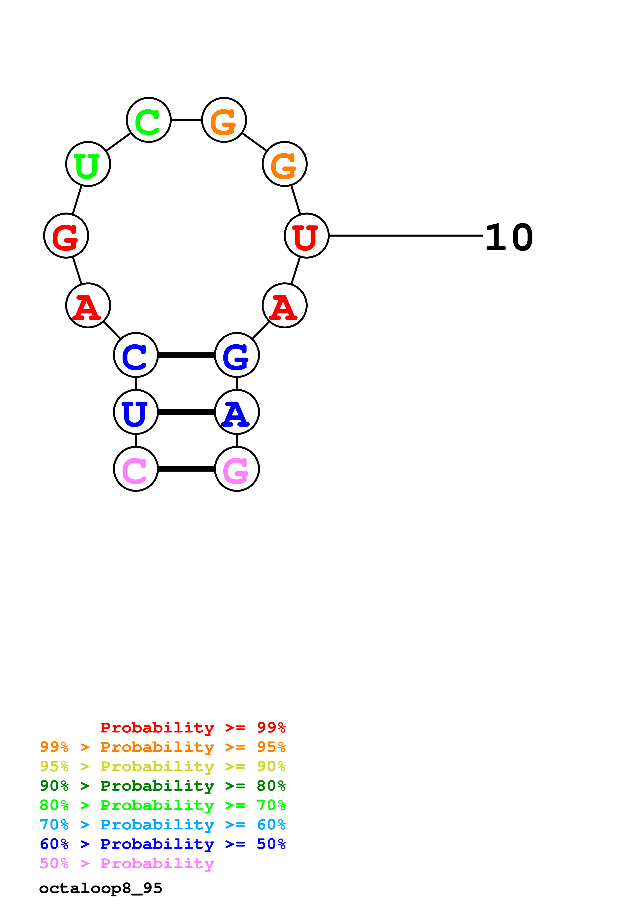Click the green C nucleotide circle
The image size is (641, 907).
click(x=148, y=120)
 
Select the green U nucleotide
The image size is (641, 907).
click(x=88, y=164)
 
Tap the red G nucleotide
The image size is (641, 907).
click(x=66, y=236)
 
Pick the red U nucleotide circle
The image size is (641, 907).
click(x=306, y=236)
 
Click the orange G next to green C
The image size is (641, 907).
click(x=224, y=120)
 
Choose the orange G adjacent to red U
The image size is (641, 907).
click(x=284, y=164)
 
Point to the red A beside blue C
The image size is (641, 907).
click(x=88, y=305)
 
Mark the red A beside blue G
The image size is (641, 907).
click(x=284, y=305)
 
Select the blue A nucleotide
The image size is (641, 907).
click(x=237, y=412)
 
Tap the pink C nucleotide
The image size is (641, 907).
click(x=136, y=469)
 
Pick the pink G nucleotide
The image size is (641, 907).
click(x=237, y=469)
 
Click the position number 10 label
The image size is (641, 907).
click(x=509, y=237)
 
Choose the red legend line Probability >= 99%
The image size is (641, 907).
click(x=193, y=727)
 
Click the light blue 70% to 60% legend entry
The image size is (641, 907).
click(x=162, y=825)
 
